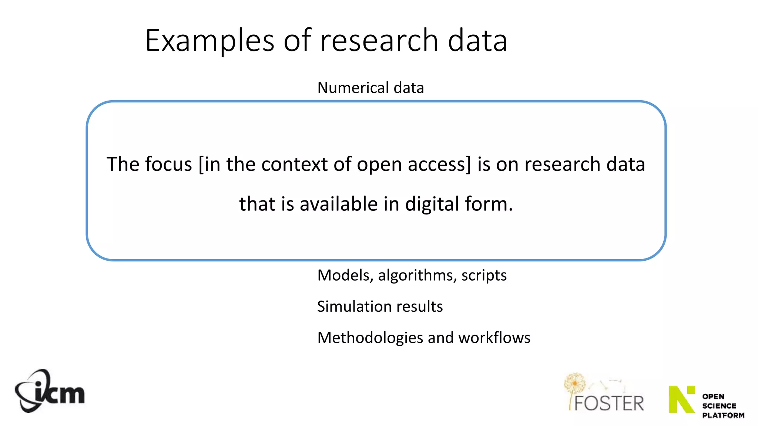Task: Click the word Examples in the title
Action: (209, 41)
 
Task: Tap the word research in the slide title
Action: (379, 41)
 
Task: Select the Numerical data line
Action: (370, 88)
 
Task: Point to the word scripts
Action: (484, 275)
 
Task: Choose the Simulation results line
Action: (380, 307)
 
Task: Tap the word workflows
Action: (494, 338)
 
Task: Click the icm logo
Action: (50, 391)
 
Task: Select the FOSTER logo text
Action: (609, 403)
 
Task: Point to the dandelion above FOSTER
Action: (574, 383)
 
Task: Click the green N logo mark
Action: (682, 399)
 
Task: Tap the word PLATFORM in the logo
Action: (723, 415)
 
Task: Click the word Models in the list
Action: (345, 275)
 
